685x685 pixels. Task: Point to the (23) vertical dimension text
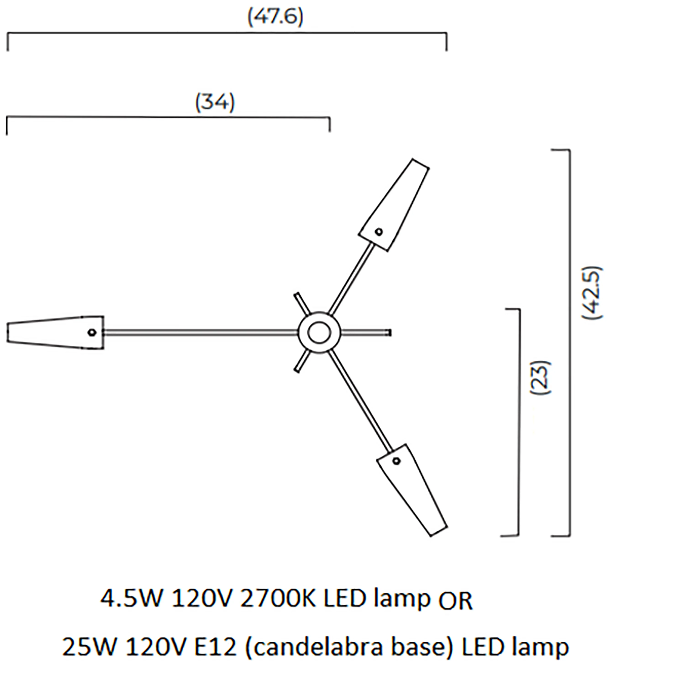click(541, 378)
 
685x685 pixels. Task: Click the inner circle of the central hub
click(319, 333)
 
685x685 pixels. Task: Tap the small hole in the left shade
click(92, 333)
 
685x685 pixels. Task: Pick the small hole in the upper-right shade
click(379, 232)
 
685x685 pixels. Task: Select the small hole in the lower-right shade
click(396, 461)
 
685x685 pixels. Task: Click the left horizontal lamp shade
click(55, 333)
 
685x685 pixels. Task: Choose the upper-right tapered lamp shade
click(394, 205)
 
